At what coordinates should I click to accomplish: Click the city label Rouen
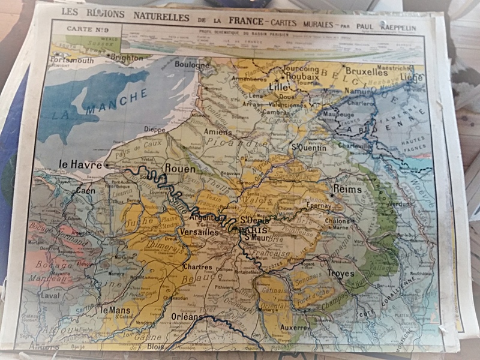point(180,169)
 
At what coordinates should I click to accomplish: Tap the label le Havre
point(80,163)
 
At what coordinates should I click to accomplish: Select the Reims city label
point(347,190)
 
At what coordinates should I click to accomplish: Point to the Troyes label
point(340,274)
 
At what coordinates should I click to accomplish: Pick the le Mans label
point(115,310)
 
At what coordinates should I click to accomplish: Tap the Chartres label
point(199,267)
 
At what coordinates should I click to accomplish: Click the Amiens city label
point(217,132)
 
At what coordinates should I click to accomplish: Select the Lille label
point(278,86)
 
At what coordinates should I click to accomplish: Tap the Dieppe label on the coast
point(154,128)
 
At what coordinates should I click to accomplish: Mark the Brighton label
point(128,58)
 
